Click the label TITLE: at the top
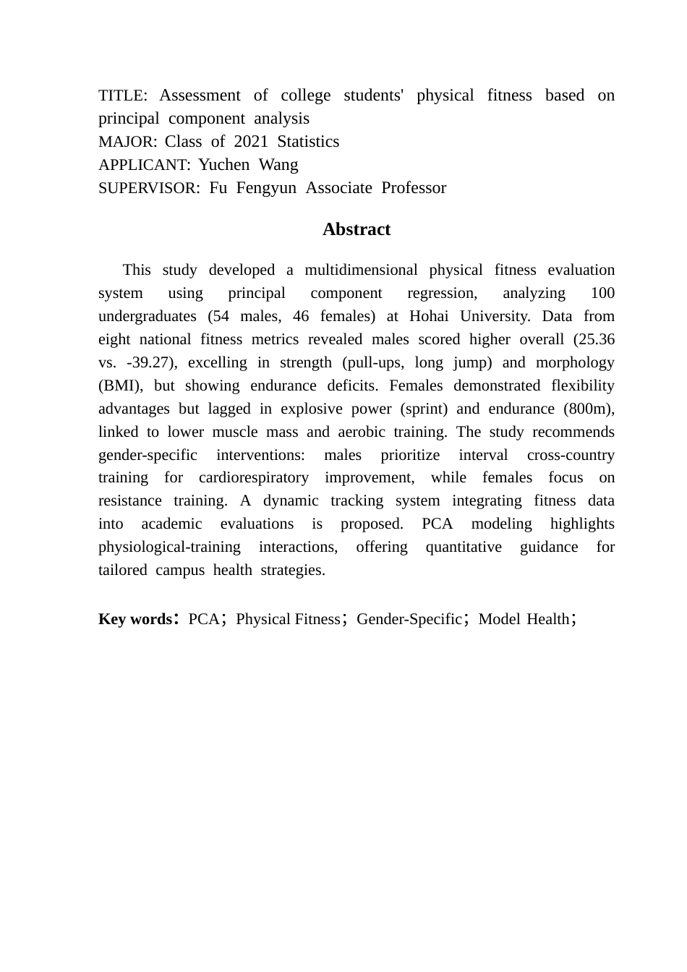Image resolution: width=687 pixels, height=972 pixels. click(123, 95)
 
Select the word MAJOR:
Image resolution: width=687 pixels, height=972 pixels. click(127, 142)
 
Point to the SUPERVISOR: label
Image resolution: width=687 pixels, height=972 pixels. click(149, 188)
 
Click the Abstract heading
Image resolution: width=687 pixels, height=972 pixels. click(357, 229)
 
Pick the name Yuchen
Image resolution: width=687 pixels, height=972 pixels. click(224, 165)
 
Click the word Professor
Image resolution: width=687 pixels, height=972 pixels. click(414, 188)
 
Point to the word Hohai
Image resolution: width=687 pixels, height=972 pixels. click(429, 316)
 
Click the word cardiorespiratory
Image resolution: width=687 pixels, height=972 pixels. click(253, 477)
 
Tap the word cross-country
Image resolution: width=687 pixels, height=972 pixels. click(571, 455)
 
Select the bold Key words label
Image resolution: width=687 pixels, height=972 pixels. click(135, 619)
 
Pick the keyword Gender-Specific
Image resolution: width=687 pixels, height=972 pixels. click(409, 619)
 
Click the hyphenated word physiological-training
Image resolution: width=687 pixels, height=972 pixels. click(169, 547)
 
